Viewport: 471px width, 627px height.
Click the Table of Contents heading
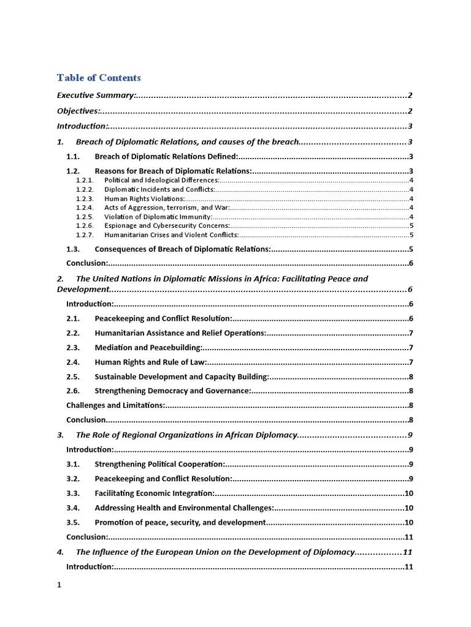pyautogui.click(x=99, y=78)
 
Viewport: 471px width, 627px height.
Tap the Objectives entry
pyautogui.click(x=78, y=111)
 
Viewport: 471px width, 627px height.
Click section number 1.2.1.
pyautogui.click(x=85, y=181)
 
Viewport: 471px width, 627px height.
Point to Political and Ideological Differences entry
pyautogui.click(x=161, y=181)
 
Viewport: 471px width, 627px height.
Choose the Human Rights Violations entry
pyautogui.click(x=144, y=199)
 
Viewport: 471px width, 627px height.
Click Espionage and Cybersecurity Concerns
pyautogui.click(x=167, y=226)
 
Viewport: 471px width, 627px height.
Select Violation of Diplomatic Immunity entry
pyautogui.click(x=158, y=217)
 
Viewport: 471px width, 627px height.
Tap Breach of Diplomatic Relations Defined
pyautogui.click(x=166, y=157)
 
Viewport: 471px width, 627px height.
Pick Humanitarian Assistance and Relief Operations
pyautogui.click(x=180, y=333)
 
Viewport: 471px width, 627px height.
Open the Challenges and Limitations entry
pyautogui.click(x=115, y=405)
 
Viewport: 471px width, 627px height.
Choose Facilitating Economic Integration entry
pyautogui.click(x=155, y=494)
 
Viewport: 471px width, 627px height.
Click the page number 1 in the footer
pyautogui.click(x=59, y=585)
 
